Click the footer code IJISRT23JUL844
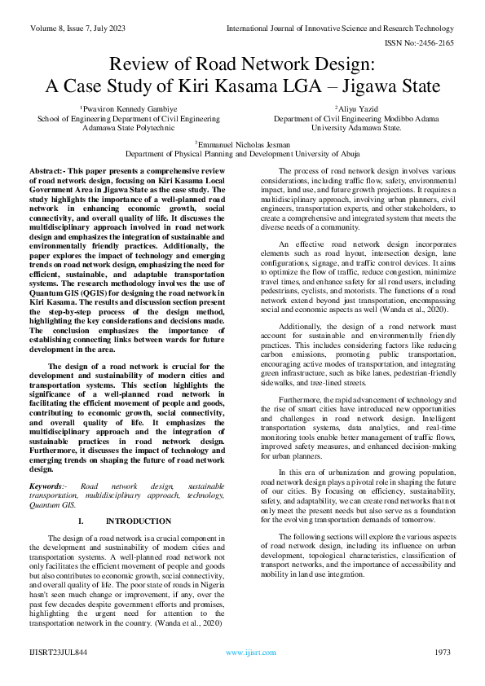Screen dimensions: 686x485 pyautogui.click(x=60, y=652)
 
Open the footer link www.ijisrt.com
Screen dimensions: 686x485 pyautogui.click(x=245, y=652)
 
